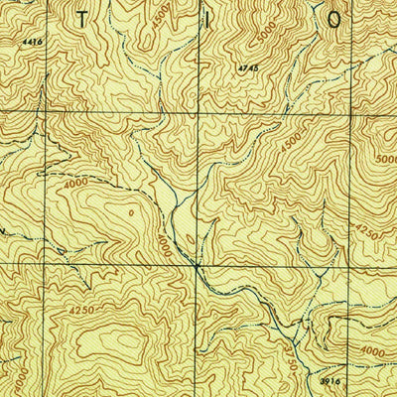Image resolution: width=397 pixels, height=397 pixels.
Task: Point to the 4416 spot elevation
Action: coord(32,42)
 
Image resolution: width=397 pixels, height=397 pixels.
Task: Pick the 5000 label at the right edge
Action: coord(385,159)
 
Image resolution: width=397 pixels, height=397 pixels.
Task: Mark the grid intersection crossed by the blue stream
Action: coord(197,266)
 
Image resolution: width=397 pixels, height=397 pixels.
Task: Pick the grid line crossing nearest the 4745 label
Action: coord(197,113)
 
